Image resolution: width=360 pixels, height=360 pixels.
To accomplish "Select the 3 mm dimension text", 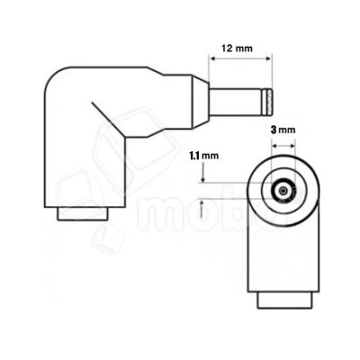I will [x=283, y=130].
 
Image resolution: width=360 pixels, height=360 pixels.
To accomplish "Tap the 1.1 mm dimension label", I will [x=204, y=155].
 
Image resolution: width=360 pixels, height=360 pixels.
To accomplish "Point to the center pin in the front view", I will [x=283, y=192].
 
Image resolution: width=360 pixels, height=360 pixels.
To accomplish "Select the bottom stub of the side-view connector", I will [x=83, y=215].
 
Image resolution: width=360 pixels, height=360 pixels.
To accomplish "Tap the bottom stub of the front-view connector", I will [x=283, y=300].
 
